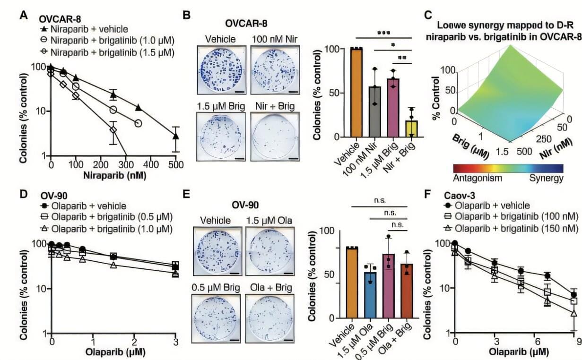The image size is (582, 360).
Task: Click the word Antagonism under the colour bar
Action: (x=478, y=178)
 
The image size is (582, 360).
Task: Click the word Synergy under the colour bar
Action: (x=546, y=178)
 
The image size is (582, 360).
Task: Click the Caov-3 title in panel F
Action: (x=459, y=195)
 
